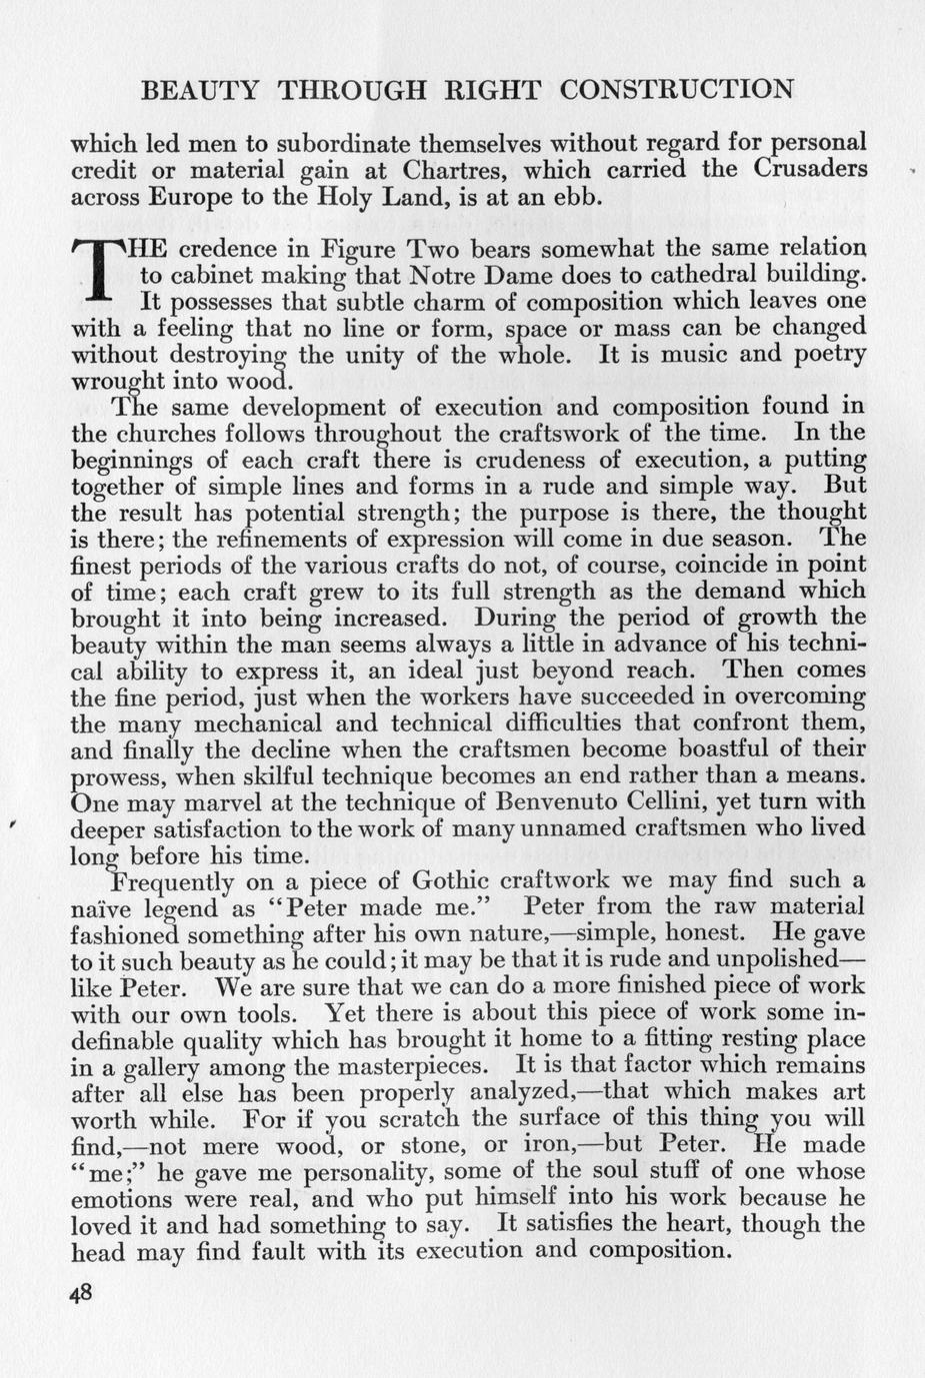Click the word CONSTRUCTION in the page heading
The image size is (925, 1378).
pos(677,89)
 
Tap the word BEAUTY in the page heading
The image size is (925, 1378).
pos(200,89)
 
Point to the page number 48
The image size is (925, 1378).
pos(81,1291)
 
